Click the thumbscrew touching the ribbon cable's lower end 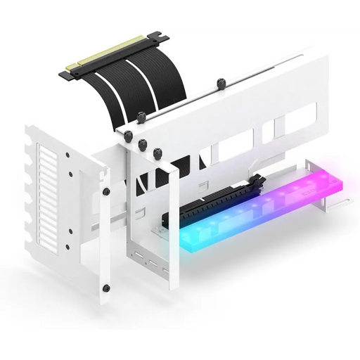[x=141, y=118]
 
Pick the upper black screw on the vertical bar [x=106, y=191]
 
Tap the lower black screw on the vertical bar [x=105, y=288]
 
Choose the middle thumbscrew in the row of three [x=142, y=145]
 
